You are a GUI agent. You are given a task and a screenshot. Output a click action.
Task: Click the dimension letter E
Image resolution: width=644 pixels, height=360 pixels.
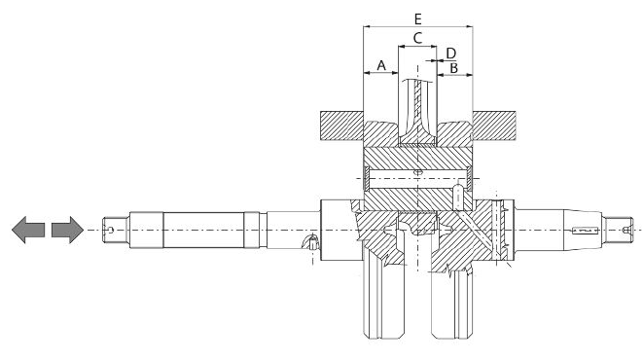pyautogui.click(x=417, y=18)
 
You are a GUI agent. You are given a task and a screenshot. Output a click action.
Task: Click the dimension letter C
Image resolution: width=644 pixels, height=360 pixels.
pyautogui.click(x=417, y=38)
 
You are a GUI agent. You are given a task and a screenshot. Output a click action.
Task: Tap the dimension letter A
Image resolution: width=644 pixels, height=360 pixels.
pyautogui.click(x=381, y=65)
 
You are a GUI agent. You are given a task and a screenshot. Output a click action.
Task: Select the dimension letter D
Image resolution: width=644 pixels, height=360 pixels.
pyautogui.click(x=451, y=54)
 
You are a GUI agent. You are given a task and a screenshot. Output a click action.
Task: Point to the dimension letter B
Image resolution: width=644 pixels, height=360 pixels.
pyautogui.click(x=454, y=68)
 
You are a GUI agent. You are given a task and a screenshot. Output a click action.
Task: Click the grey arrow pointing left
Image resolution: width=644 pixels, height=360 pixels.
pyautogui.click(x=28, y=230)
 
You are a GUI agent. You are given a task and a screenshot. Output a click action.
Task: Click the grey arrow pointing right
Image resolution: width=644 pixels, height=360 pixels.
pyautogui.click(x=68, y=230)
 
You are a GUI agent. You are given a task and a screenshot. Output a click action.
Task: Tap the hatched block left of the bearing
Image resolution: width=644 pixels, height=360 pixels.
pyautogui.click(x=341, y=126)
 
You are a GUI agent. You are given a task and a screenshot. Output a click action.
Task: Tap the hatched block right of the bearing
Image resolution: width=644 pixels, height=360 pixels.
pyautogui.click(x=494, y=126)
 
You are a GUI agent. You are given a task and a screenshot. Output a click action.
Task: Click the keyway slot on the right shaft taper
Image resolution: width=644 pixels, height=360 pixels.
pyautogui.click(x=585, y=231)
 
